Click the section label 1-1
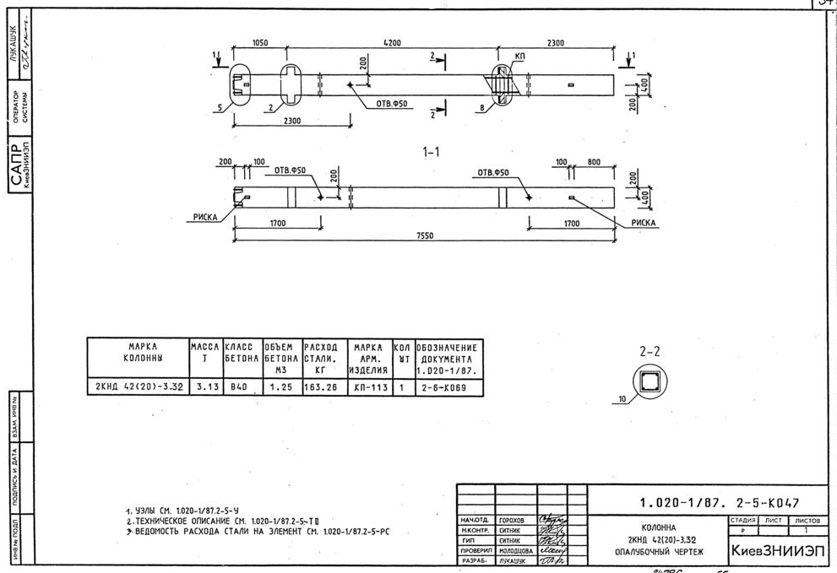point(432,153)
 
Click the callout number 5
point(220,108)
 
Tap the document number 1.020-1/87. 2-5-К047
point(718,503)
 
